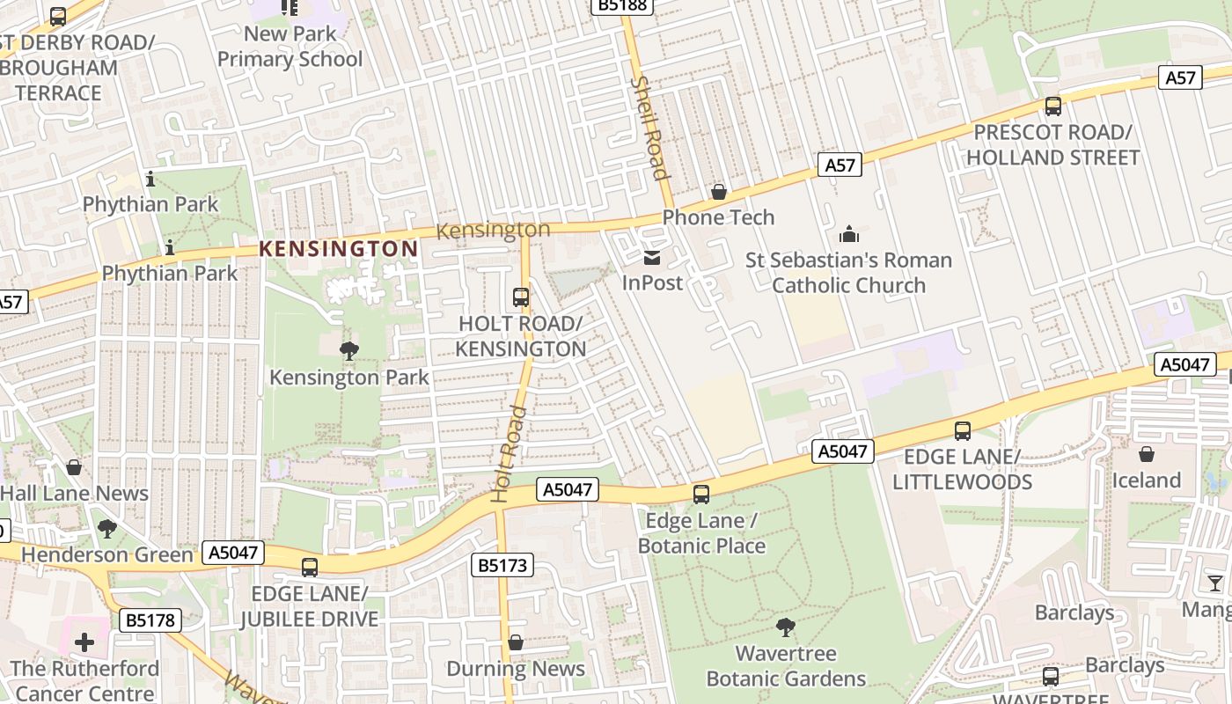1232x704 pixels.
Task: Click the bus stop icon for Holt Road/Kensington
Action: pyautogui.click(x=521, y=297)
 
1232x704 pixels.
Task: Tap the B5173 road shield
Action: pyautogui.click(x=503, y=565)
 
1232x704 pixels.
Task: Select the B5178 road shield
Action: pyautogui.click(x=150, y=620)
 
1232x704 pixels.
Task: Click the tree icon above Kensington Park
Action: pyautogui.click(x=349, y=351)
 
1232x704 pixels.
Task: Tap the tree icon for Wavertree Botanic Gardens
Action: pyautogui.click(x=786, y=627)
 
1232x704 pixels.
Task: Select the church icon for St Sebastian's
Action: pyautogui.click(x=849, y=234)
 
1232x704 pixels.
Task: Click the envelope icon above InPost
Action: pyautogui.click(x=652, y=257)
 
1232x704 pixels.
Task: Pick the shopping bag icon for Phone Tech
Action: pyautogui.click(x=719, y=191)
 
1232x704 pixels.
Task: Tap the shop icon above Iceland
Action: pyautogui.click(x=1146, y=454)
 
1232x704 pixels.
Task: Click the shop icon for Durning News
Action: pyautogui.click(x=516, y=642)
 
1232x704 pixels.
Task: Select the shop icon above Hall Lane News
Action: pyautogui.click(x=74, y=466)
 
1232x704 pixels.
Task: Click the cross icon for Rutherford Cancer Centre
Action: pyautogui.click(x=84, y=642)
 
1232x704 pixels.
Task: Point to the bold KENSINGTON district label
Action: pyautogui.click(x=339, y=249)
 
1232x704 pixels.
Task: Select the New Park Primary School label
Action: pyautogui.click(x=290, y=47)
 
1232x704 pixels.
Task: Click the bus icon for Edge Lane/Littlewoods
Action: pyautogui.click(x=963, y=431)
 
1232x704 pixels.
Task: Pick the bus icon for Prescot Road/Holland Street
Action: pyautogui.click(x=1052, y=106)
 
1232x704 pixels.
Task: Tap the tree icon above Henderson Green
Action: pyautogui.click(x=107, y=529)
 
